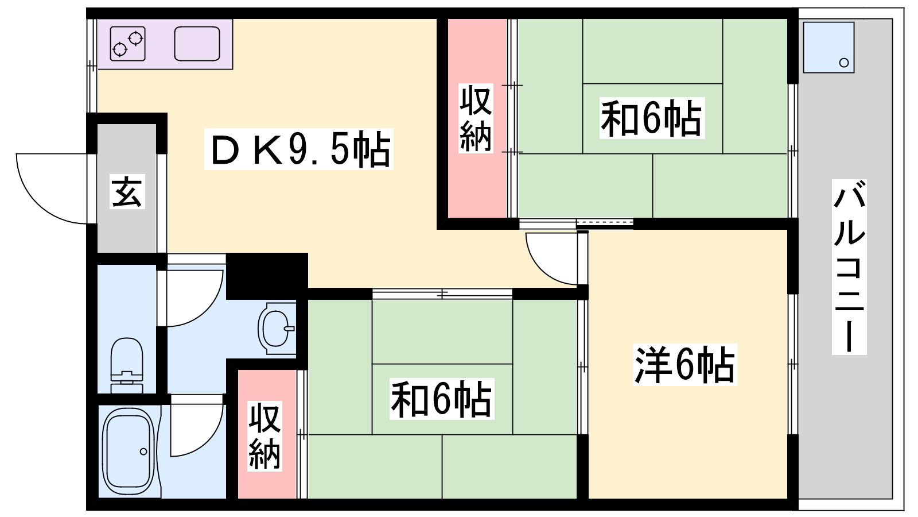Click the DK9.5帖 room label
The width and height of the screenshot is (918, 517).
[x=299, y=149]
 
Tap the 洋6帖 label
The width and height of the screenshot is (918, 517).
[x=685, y=365]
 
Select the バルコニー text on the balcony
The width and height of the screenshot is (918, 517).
[x=849, y=267]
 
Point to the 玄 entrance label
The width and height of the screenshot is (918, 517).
[x=127, y=192]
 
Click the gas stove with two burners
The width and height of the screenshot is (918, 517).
[x=128, y=44]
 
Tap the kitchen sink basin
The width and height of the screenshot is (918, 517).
[x=197, y=44]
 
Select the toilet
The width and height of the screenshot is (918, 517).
[x=127, y=365]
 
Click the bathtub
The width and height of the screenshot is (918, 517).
[x=129, y=452]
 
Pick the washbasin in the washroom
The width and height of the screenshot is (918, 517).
[x=277, y=328]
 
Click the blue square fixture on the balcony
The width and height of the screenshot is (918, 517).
[x=828, y=48]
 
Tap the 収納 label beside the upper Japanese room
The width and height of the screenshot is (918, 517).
[x=476, y=118]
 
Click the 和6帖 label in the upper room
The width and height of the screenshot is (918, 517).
[x=652, y=118]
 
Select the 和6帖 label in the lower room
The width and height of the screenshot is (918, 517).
[x=441, y=399]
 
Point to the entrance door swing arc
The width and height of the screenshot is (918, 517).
[x=51, y=189]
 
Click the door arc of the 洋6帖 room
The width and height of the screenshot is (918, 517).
[x=551, y=258]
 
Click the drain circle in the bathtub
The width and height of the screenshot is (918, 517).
[x=143, y=452]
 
